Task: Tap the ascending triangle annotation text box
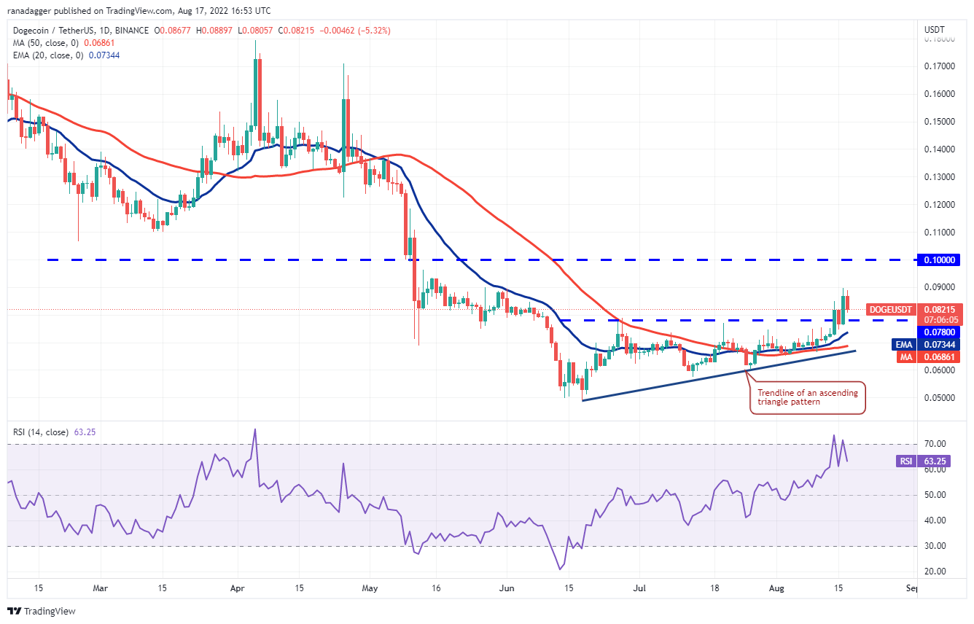pos(808,397)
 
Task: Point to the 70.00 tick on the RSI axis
pos(936,444)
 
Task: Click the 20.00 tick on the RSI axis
pos(936,572)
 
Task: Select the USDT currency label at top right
pos(934,30)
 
